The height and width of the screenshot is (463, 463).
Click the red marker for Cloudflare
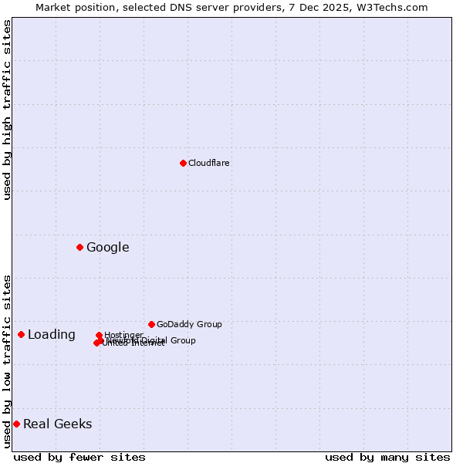[183, 163]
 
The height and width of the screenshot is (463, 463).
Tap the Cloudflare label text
[209, 163]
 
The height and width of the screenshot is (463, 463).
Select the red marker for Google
[79, 247]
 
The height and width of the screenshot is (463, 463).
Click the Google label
[108, 247]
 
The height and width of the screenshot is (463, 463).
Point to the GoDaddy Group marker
[151, 324]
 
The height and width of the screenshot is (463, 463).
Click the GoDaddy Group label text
[189, 324]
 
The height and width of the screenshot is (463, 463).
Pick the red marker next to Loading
[21, 334]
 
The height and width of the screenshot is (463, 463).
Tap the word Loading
[52, 334]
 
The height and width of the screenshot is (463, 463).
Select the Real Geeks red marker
[16, 424]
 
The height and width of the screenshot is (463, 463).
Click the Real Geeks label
[58, 424]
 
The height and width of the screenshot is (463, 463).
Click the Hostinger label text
[123, 335]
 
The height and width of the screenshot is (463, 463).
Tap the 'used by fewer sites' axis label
[79, 457]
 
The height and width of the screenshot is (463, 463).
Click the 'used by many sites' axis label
[387, 457]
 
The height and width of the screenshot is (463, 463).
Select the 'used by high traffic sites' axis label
[7, 110]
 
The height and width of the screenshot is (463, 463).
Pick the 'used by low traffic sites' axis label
[7, 360]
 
